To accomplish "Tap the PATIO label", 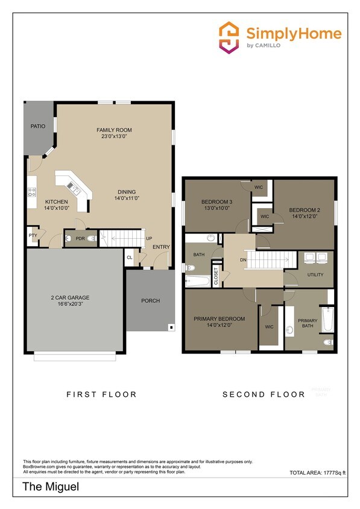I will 39,126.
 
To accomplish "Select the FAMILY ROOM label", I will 114,130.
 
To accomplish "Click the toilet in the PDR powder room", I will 90,239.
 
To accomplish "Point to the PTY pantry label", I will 33,236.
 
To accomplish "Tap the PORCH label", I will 150,300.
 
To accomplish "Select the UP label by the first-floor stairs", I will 148,239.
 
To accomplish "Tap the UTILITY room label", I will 315,274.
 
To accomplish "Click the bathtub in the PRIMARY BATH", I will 327,320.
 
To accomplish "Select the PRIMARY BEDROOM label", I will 219,318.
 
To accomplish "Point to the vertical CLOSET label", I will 216,276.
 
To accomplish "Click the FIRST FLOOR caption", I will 101,394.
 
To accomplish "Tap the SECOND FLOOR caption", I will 264,394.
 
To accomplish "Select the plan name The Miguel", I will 43,486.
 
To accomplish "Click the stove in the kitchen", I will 31,194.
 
